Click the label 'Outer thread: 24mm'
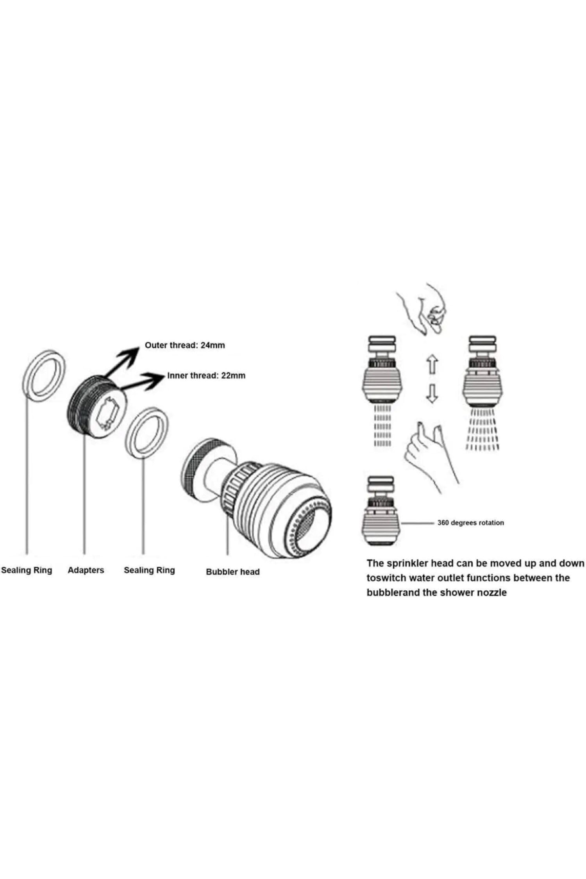tap(185, 345)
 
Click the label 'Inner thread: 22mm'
tap(206, 375)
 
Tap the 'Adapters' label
tap(86, 570)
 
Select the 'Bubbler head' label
tap(233, 572)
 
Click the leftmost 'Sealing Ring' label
tap(27, 570)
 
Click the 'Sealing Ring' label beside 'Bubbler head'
tap(149, 570)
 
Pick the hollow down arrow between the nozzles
tap(432, 394)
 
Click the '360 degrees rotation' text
tap(471, 522)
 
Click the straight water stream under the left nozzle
tap(383, 426)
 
